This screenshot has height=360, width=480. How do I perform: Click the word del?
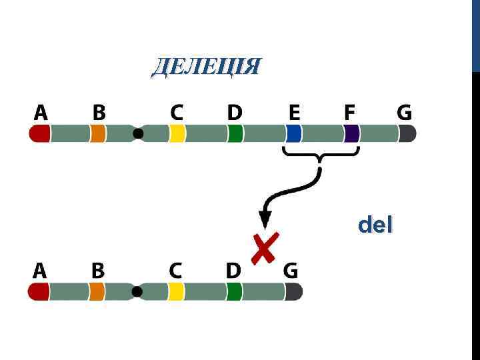click(x=375, y=225)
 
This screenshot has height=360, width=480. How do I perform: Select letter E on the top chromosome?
click(x=294, y=113)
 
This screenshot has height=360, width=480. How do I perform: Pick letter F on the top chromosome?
click(x=350, y=113)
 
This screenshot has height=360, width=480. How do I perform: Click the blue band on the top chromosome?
click(x=294, y=134)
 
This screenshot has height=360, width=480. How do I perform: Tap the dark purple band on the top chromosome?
click(x=352, y=134)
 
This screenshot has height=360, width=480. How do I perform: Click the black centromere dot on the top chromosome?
click(x=138, y=134)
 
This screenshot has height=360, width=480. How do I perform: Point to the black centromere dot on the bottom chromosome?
click(x=137, y=291)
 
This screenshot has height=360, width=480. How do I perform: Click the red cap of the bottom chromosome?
click(x=39, y=291)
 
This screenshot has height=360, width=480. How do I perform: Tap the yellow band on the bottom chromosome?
click(x=176, y=291)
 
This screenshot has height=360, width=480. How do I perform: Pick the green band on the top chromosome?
click(x=235, y=134)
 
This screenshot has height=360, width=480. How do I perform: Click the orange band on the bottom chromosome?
click(x=97, y=291)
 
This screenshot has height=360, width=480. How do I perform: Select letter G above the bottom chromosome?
click(x=291, y=270)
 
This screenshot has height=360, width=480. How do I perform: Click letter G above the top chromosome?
click(x=405, y=113)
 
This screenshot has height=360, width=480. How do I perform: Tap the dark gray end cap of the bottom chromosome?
click(x=294, y=291)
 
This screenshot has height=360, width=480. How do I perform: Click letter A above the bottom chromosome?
click(x=40, y=270)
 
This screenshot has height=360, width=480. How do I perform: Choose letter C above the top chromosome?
click(x=177, y=113)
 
